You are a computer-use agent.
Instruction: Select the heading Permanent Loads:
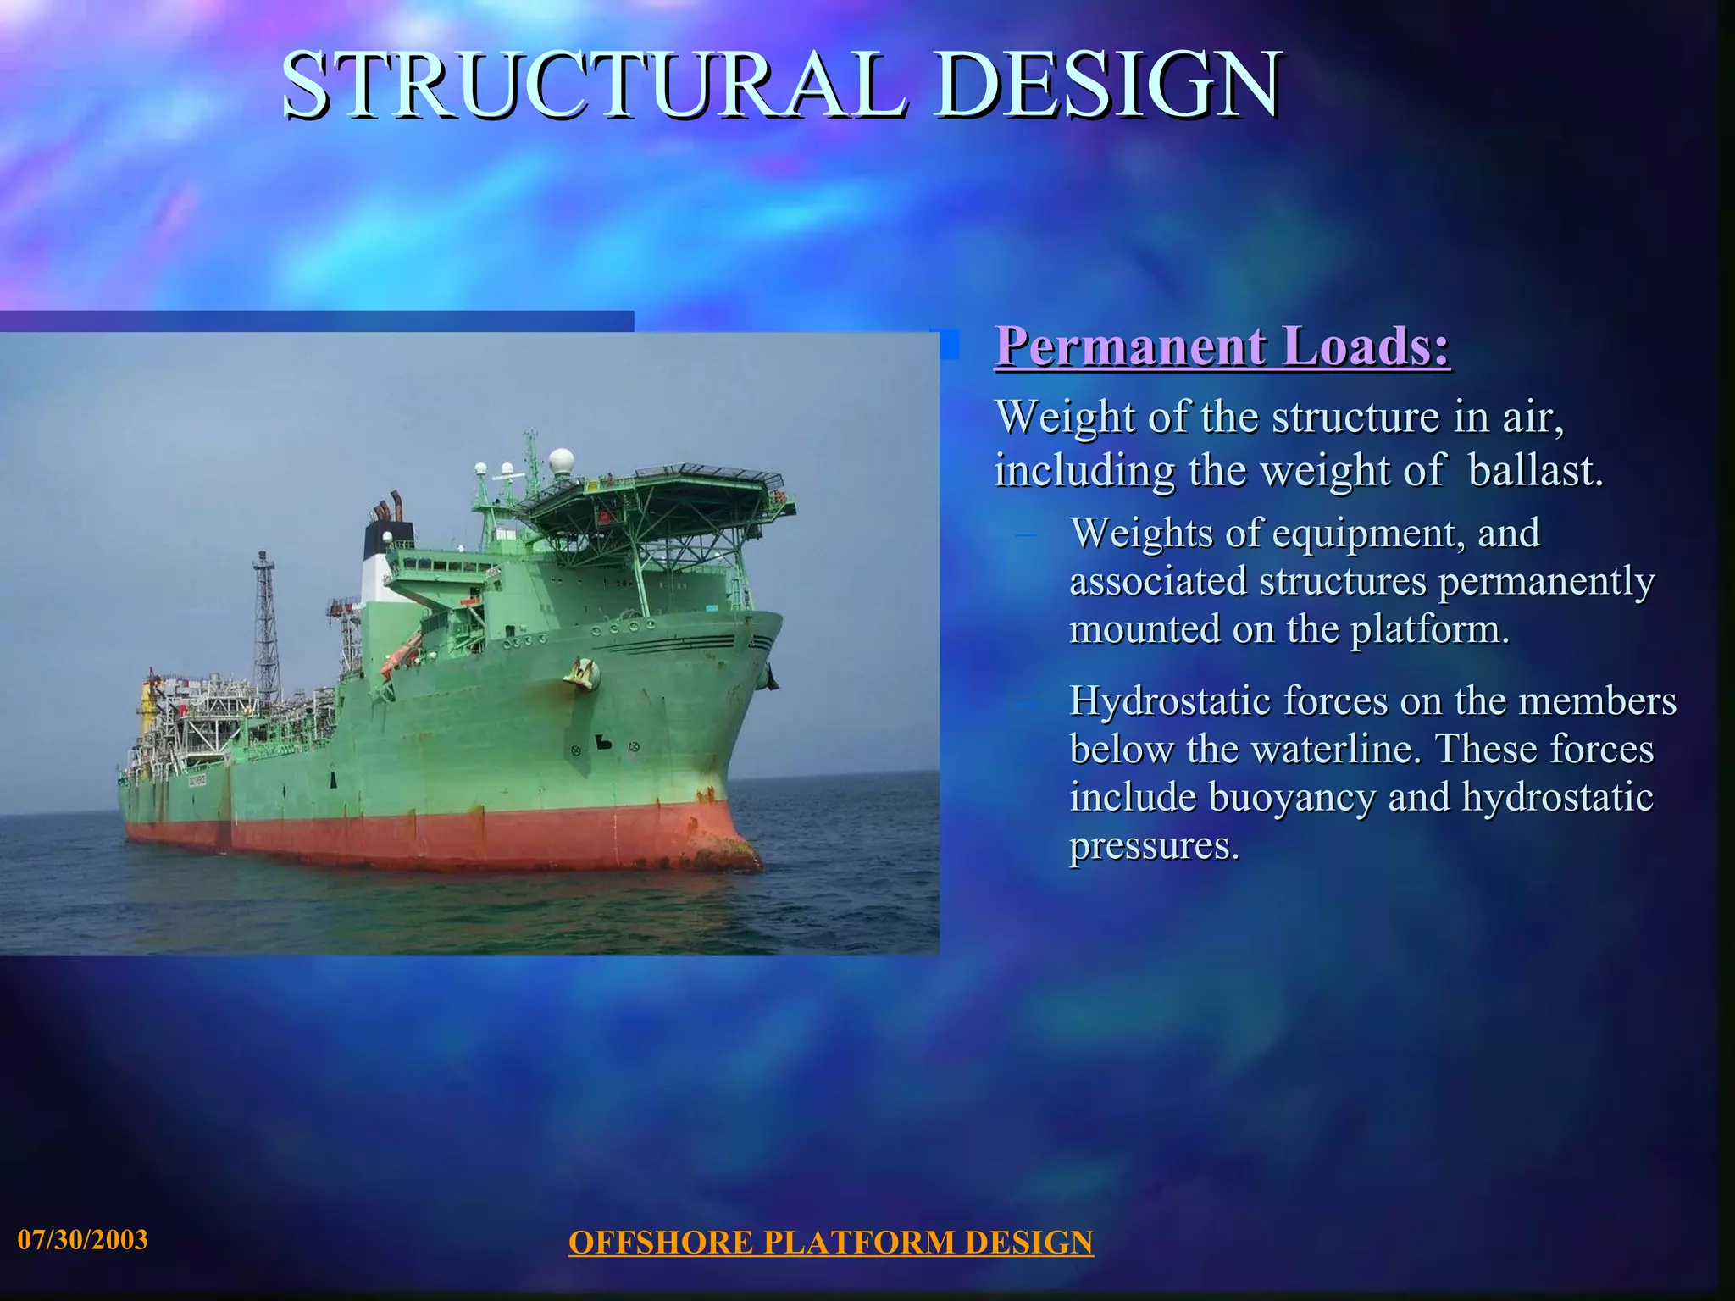[x=1222, y=346]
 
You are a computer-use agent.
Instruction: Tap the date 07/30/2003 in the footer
[x=82, y=1240]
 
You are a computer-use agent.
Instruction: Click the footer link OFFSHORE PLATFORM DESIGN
[x=830, y=1243]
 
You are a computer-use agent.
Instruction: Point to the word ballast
[x=1535, y=471]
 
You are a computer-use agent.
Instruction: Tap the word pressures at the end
[x=1154, y=846]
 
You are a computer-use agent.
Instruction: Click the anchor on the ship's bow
[x=583, y=673]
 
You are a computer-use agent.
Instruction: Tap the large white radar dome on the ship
[x=561, y=462]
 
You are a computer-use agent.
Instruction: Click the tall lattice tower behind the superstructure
[x=266, y=627]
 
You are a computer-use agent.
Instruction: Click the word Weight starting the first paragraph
[x=1064, y=418]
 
